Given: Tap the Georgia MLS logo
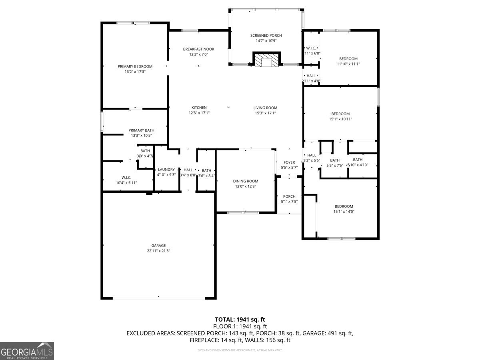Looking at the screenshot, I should pos(27,351).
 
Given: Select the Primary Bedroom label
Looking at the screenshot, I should pos(135,66).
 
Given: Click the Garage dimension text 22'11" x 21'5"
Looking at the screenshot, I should pos(158,251).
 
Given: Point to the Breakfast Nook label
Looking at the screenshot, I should pos(196,49).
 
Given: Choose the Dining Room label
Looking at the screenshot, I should pos(246,181).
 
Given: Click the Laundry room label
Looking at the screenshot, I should pos(166,170).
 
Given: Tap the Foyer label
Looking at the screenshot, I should pos(289,162).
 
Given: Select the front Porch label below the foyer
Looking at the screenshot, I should pos(289,196).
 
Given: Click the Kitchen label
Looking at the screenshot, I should pos(199,108).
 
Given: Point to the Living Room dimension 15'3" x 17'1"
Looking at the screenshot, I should pos(265,113).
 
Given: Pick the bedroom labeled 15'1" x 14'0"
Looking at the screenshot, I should pos(344,209).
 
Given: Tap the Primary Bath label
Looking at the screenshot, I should pos(141,130).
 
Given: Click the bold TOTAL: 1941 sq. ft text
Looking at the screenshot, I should pos(240,319).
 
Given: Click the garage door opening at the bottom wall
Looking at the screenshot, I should pos(159,297).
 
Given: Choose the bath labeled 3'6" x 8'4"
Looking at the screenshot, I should pos(206,173).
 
